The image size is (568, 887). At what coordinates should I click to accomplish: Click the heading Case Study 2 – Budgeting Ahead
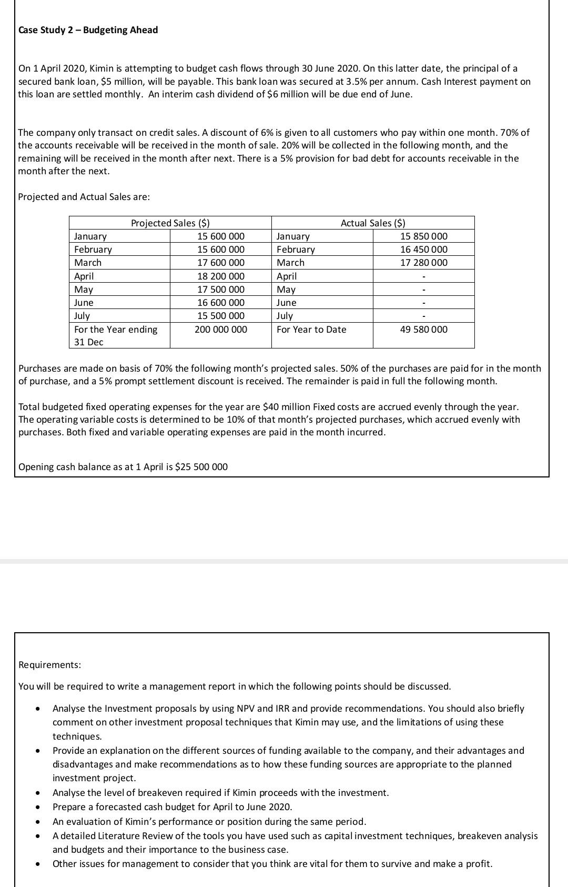88,30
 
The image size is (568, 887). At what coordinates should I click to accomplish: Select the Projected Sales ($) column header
170,223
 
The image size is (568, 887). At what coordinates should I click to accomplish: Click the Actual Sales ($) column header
373,223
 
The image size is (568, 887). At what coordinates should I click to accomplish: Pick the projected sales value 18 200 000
221,276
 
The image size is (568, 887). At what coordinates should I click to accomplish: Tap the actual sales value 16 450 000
424,250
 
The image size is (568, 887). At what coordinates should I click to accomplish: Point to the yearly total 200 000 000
221,330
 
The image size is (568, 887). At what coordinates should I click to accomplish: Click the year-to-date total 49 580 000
424,330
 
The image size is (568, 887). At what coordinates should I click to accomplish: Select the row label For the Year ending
116,330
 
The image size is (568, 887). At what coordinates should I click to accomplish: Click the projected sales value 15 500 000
221,316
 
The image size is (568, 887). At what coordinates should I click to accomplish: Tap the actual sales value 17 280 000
424,263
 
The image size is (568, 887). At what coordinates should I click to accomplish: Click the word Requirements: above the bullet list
49,665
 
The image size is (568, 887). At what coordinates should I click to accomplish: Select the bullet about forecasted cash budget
172,807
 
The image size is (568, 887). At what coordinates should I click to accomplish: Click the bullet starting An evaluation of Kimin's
209,822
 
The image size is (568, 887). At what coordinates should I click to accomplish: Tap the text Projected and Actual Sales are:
84,197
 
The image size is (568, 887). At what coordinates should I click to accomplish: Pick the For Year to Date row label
311,330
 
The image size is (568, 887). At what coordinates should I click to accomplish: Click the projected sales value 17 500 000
221,290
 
